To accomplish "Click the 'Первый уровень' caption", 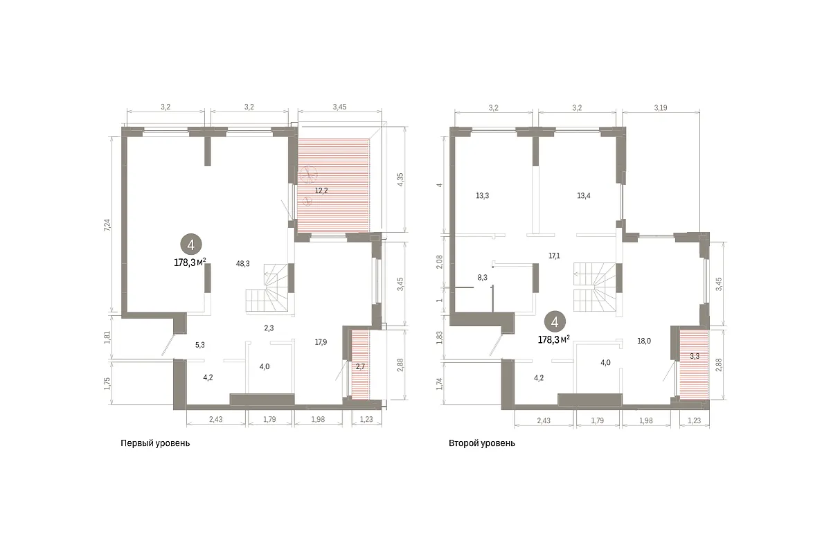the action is coord(155,443).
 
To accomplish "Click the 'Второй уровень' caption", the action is coord(482,443).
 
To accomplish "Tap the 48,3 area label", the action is coord(242,264).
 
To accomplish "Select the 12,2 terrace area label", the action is coord(321,190).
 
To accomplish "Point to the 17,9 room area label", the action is coord(321,342).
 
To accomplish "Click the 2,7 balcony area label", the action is coord(360,366).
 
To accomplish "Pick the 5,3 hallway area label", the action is coord(200,345).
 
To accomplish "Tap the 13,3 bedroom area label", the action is coord(482,195).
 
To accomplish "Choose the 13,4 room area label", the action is coord(584,195).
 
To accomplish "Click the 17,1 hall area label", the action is coord(554,256).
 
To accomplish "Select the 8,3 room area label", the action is coord(482,277).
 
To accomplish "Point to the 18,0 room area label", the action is coord(644,341).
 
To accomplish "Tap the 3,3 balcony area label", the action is coord(695,356).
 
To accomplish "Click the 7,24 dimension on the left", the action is coord(107,225).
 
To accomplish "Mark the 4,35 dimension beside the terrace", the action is coord(400,179).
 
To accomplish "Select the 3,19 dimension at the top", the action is coord(661,107).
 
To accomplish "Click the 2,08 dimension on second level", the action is coord(440,262).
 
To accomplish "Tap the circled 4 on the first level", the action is coord(191,245).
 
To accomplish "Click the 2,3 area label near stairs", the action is coord(269,328).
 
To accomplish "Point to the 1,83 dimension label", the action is coord(440,337).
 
